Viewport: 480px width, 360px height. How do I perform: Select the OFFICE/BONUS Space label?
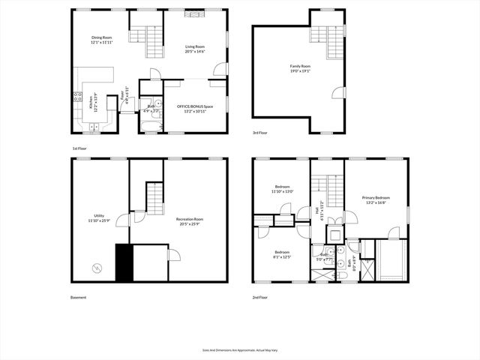click(195, 106)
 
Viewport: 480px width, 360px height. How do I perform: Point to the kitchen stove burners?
click(77, 96)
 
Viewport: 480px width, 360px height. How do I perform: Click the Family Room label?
click(300, 66)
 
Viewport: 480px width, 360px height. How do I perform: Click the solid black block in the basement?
click(122, 262)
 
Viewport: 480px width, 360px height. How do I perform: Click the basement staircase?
click(154, 199)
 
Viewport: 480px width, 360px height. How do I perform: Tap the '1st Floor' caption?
click(80, 148)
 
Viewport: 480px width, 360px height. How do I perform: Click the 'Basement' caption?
click(79, 297)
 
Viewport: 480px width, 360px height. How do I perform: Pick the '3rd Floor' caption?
click(260, 133)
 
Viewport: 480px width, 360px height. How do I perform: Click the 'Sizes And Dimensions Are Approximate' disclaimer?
click(239, 349)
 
